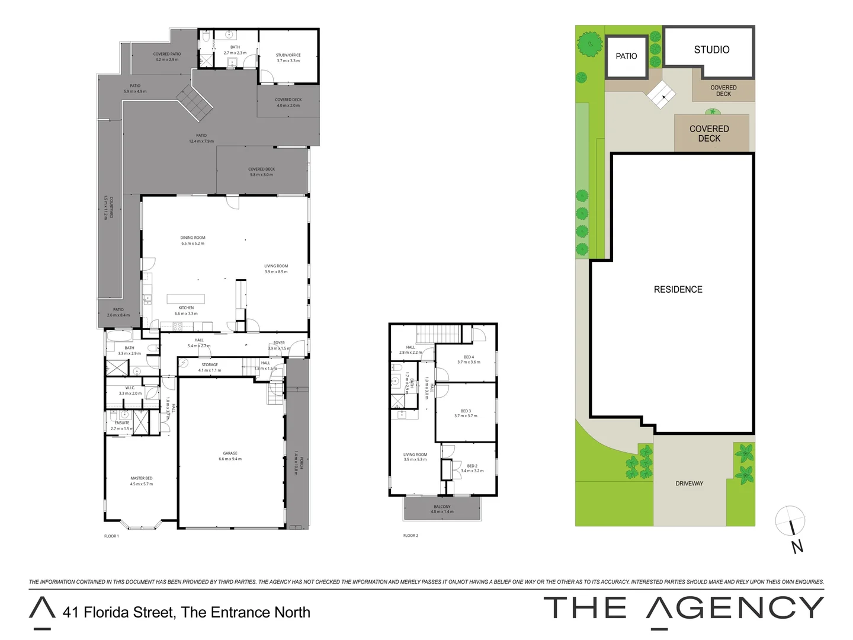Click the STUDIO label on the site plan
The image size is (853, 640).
pyautogui.click(x=711, y=50)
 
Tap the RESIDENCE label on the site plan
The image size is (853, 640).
pyautogui.click(x=678, y=289)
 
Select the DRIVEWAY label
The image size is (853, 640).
pyautogui.click(x=689, y=484)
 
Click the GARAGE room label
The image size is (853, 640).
pyautogui.click(x=230, y=453)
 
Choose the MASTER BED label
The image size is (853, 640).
pyautogui.click(x=142, y=478)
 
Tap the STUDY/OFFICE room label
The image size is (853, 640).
pyautogui.click(x=288, y=55)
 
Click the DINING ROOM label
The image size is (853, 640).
pyautogui.click(x=193, y=238)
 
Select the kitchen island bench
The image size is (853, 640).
pyautogui.click(x=185, y=299)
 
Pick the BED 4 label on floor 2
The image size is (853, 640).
pyautogui.click(x=469, y=357)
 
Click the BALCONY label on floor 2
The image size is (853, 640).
pyautogui.click(x=442, y=507)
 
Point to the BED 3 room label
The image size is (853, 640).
pyautogui.click(x=466, y=411)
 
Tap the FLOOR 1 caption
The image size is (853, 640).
pyautogui.click(x=111, y=536)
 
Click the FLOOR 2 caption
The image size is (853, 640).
pyautogui.click(x=411, y=536)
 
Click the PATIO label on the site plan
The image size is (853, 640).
pyautogui.click(x=626, y=56)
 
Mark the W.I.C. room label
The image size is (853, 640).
pyautogui.click(x=130, y=388)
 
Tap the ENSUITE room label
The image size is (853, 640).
pyautogui.click(x=122, y=423)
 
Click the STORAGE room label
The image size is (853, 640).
pyautogui.click(x=210, y=365)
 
